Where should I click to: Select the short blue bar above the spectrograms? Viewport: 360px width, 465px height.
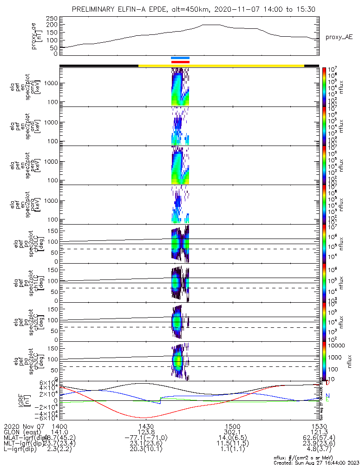point(180,58)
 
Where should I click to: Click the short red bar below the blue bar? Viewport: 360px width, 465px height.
point(180,62)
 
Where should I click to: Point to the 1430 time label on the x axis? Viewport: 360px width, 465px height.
point(146,426)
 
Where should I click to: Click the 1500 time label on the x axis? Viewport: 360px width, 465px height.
point(232,426)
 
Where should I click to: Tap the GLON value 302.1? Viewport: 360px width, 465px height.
point(232,432)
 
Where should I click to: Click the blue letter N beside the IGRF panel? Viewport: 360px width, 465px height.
point(327,396)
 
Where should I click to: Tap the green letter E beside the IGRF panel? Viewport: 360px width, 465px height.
point(327,400)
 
